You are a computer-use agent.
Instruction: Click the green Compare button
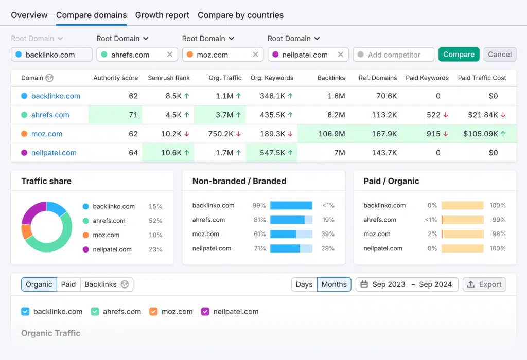pyautogui.click(x=459, y=55)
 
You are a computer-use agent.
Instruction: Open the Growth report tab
pyautogui.click(x=162, y=15)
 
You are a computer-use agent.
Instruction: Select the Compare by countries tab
pyautogui.click(x=240, y=15)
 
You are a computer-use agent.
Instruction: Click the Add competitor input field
pyautogui.click(x=394, y=55)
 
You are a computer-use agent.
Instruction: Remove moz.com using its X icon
pyautogui.click(x=255, y=55)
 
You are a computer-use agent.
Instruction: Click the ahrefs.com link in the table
pyautogui.click(x=50, y=115)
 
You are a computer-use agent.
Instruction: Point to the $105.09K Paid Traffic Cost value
pyautogui.click(x=481, y=134)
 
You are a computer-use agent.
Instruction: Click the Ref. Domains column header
pyautogui.click(x=378, y=78)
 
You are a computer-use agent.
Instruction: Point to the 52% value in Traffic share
pyautogui.click(x=155, y=221)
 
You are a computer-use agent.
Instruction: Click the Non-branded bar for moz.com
pyautogui.click(x=283, y=234)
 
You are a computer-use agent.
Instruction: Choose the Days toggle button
pyautogui.click(x=304, y=284)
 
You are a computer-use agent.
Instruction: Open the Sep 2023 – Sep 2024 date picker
pyautogui.click(x=407, y=284)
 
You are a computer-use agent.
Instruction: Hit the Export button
pyautogui.click(x=484, y=284)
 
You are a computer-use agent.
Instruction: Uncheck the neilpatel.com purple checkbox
pyautogui.click(x=205, y=311)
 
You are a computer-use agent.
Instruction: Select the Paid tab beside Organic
pyautogui.click(x=68, y=284)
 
